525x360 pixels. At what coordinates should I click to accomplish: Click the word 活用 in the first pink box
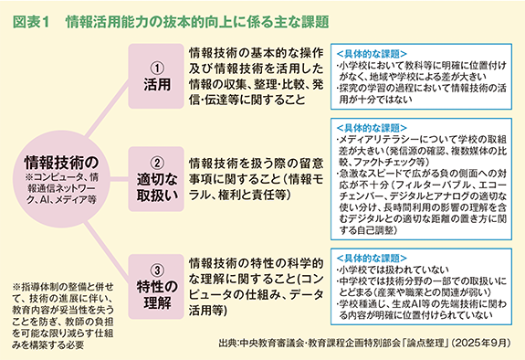tap(156, 85)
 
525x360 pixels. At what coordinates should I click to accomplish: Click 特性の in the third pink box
tap(156, 288)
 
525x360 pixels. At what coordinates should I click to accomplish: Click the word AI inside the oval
tap(58, 197)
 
